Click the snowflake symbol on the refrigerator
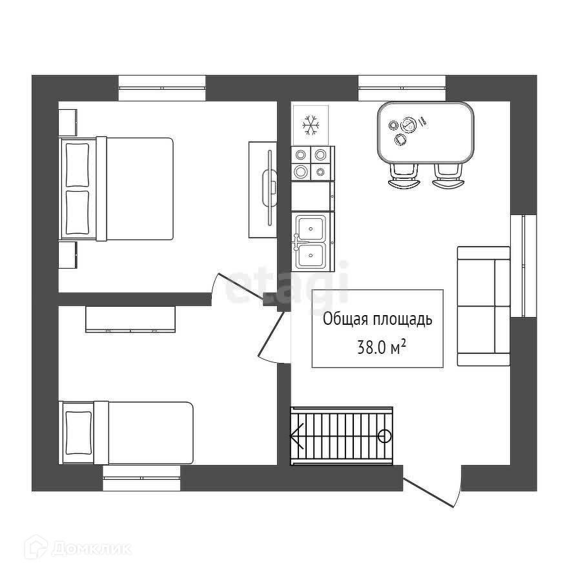click(x=311, y=125)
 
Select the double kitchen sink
click(x=311, y=242)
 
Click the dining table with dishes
click(x=425, y=132)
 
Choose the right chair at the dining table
click(x=447, y=175)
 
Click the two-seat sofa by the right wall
click(x=483, y=306)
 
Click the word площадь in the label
click(x=406, y=319)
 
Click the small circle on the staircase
click(x=384, y=435)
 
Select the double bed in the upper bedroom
click(x=119, y=189)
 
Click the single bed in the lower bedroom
click(x=128, y=431)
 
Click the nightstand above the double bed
click(x=68, y=122)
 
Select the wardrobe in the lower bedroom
click(x=130, y=319)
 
